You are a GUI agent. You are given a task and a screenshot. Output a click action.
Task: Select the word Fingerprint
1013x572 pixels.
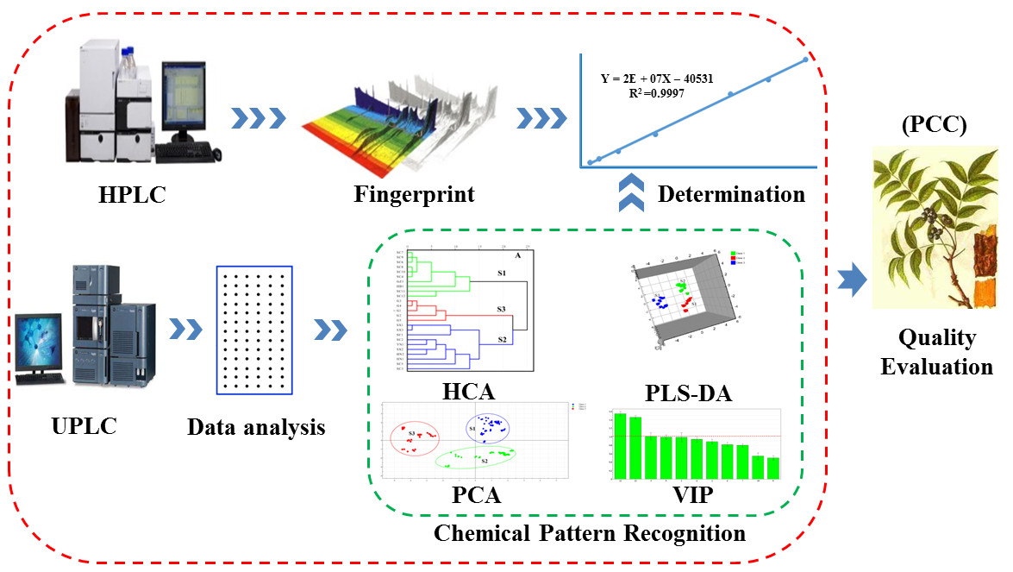pos(413,193)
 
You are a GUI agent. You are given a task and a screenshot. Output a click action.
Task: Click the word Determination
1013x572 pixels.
pos(731,194)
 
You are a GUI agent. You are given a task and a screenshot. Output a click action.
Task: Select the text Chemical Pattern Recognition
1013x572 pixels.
pos(590,533)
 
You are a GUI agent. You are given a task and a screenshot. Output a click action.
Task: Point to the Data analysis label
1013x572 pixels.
pos(256,425)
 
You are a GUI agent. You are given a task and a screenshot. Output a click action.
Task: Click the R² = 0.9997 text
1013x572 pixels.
pos(657,93)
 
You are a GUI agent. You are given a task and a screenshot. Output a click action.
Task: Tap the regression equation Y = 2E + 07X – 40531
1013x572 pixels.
pos(657,78)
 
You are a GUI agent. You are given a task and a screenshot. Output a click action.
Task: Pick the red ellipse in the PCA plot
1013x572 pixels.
pos(416,438)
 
